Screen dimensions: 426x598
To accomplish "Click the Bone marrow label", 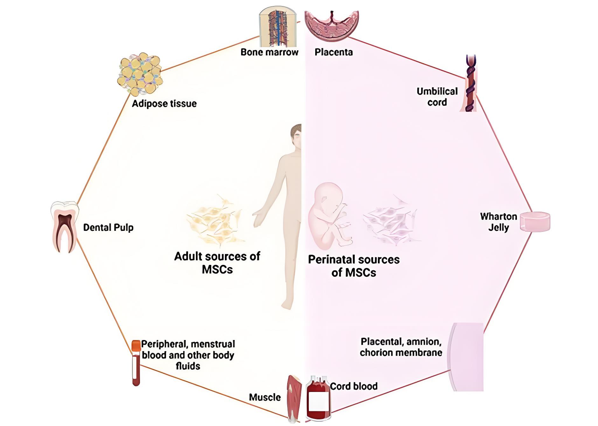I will [269, 52].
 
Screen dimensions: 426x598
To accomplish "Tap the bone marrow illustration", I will [278, 27].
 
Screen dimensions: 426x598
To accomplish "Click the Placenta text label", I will [334, 52].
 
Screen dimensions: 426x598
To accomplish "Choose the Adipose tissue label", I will [164, 104].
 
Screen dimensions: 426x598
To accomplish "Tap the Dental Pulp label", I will [108, 228].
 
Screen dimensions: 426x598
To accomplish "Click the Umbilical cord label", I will [437, 97].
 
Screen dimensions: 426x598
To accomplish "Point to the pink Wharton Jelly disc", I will [535, 221].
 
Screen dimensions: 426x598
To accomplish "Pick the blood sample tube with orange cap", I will [136, 363].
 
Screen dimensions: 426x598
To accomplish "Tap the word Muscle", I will [265, 397].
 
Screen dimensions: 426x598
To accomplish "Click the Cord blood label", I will [354, 387].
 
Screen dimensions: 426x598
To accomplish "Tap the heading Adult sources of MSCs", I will [217, 263].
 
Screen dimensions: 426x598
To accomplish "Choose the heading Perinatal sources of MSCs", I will [354, 266].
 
